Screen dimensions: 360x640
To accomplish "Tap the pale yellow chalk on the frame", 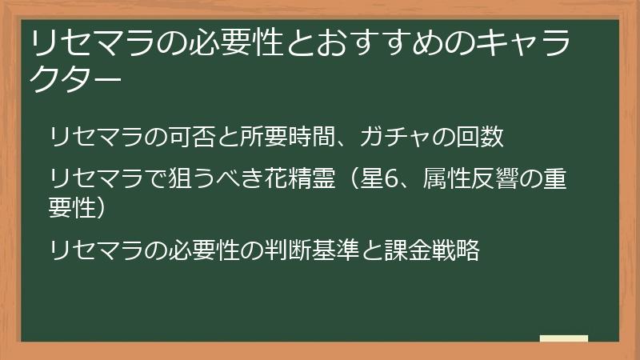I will click(563, 338).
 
